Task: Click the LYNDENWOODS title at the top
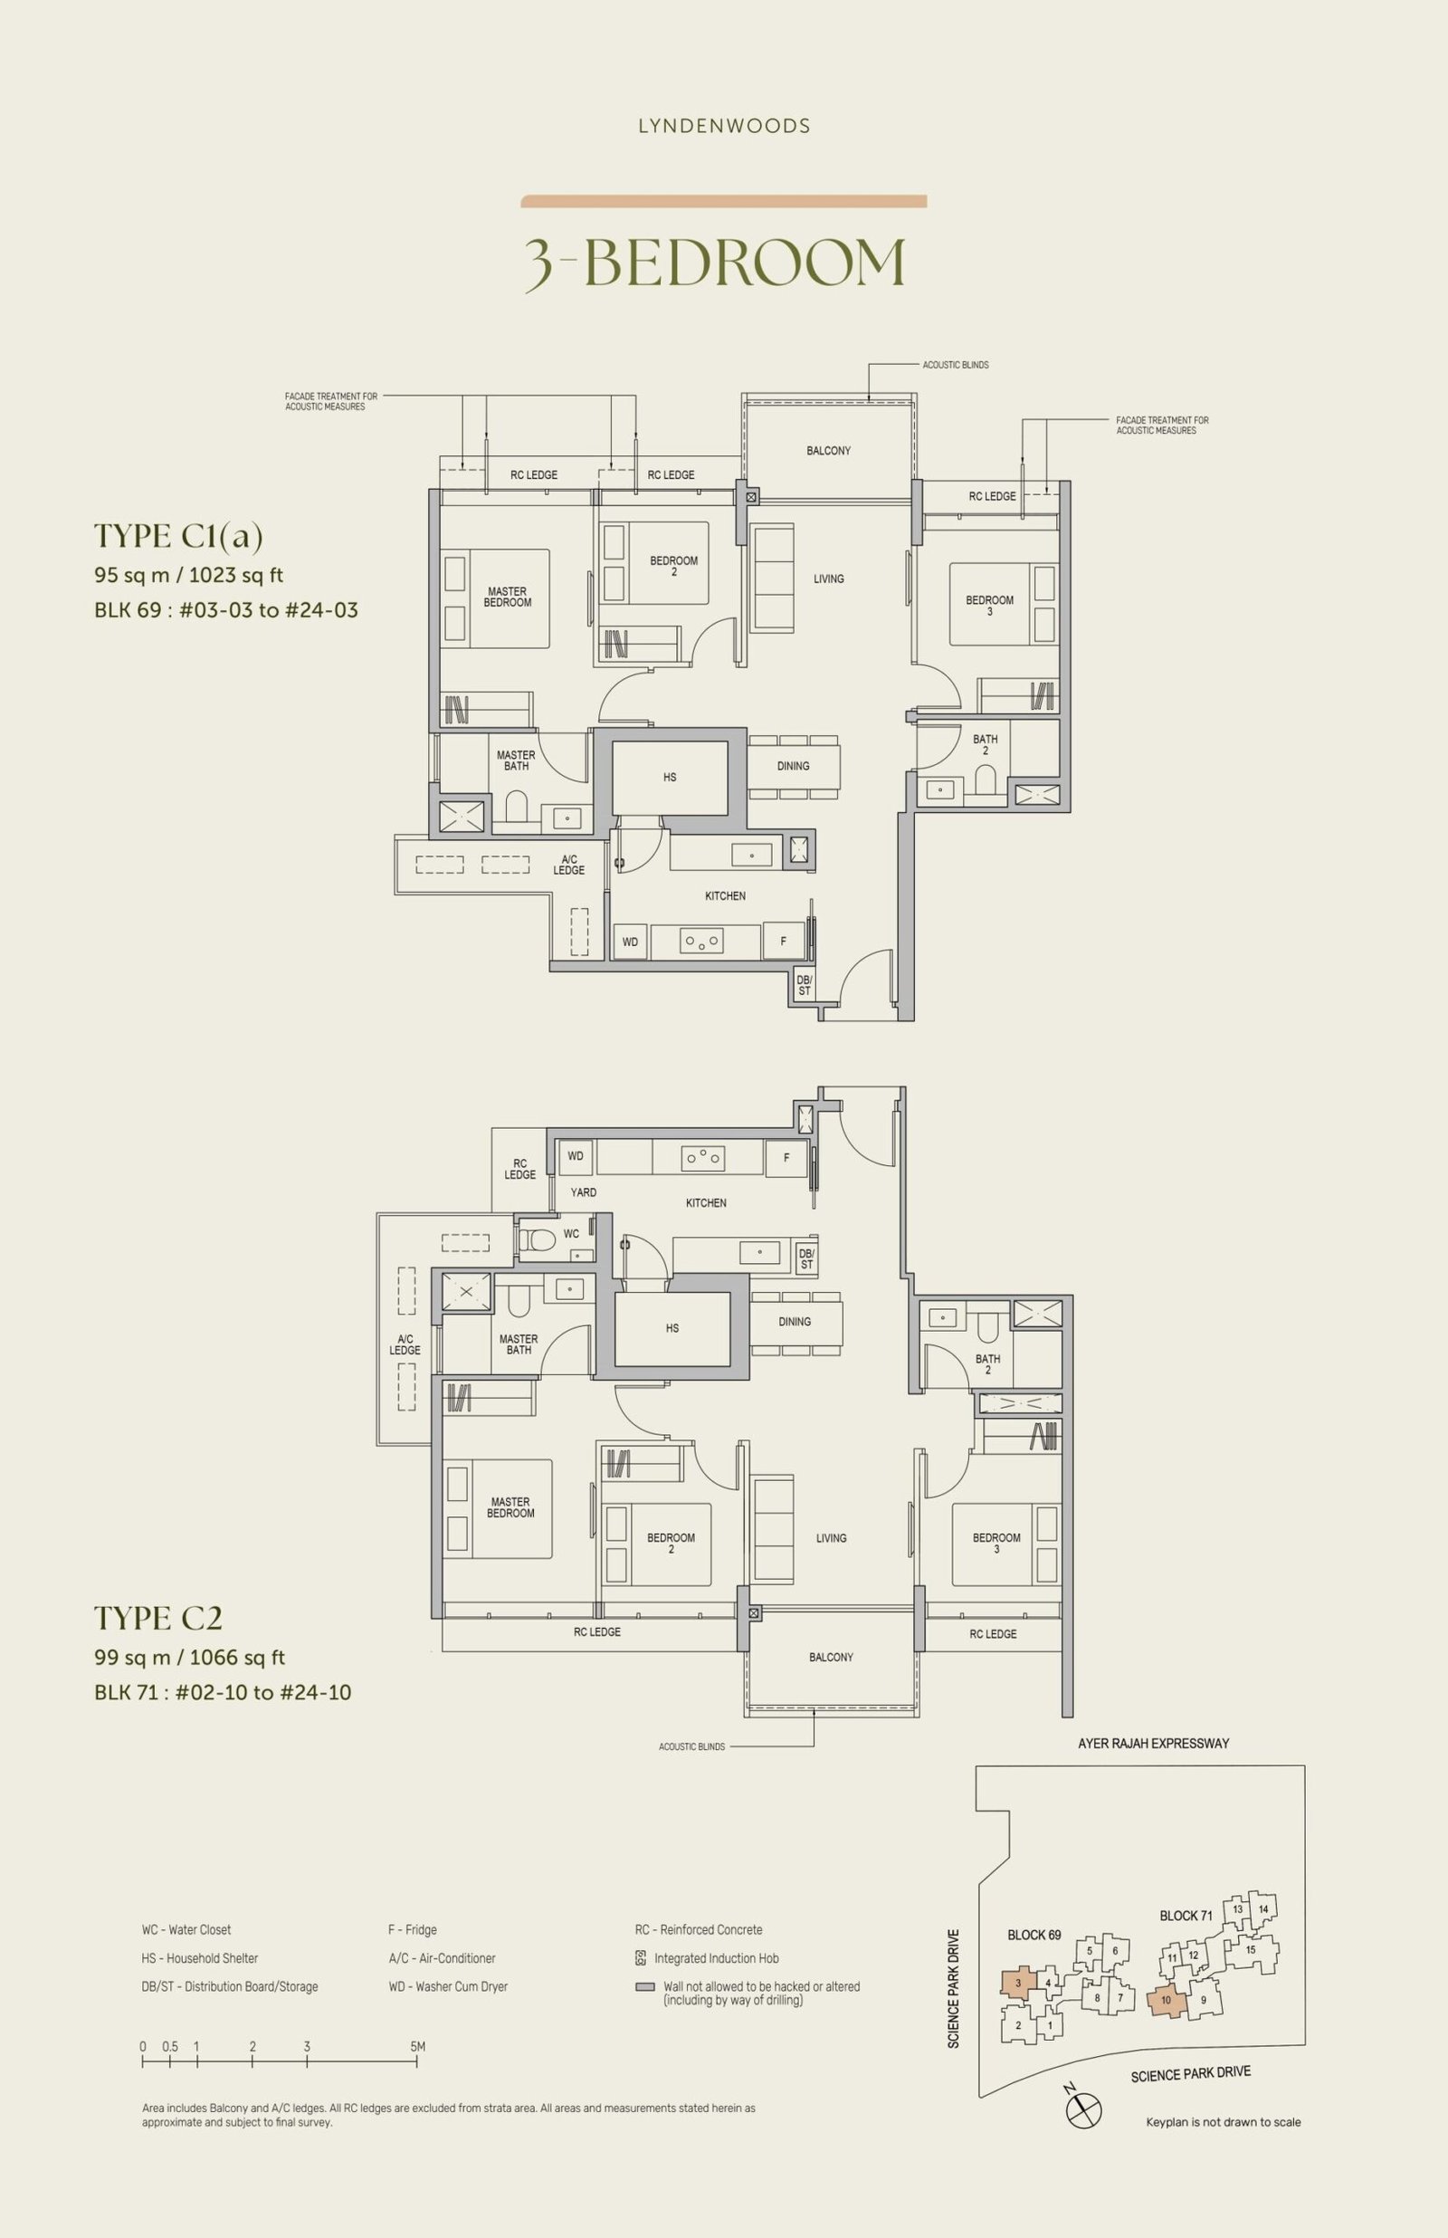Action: click(724, 126)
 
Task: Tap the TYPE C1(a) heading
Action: click(178, 536)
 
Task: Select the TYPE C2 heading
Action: click(158, 1617)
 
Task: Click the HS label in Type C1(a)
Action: click(670, 778)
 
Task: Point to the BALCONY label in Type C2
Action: click(831, 1657)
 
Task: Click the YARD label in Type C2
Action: click(583, 1192)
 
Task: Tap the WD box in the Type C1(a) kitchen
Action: click(630, 942)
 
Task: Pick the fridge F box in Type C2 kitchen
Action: click(787, 1158)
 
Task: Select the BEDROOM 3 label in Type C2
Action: click(996, 1543)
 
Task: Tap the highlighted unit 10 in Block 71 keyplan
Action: click(1166, 2000)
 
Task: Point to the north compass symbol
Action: click(1083, 2109)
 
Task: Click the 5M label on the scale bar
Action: click(417, 2046)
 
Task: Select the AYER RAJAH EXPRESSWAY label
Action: click(1154, 1744)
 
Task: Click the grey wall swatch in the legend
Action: click(645, 1988)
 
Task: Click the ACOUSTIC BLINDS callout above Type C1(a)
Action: click(956, 365)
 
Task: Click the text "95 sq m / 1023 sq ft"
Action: click(189, 576)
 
